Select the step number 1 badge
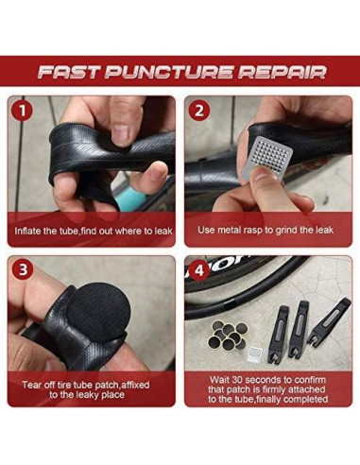pos(23,112)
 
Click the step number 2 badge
pos(199,111)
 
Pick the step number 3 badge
pos(23,270)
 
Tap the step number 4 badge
pos(199,270)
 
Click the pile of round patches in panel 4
pos(228,335)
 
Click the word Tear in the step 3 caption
pos(31,385)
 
